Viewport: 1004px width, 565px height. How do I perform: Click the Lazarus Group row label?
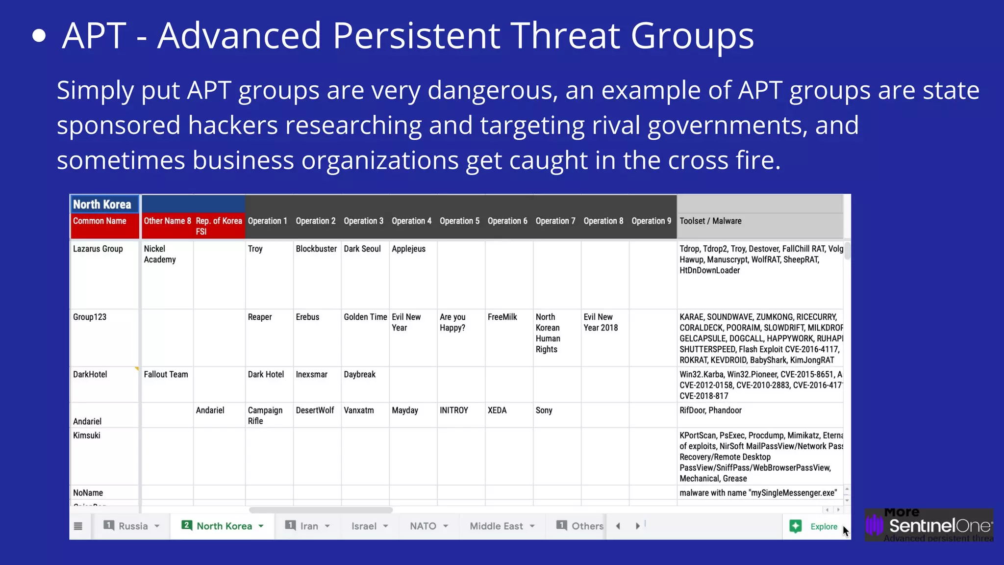click(98, 249)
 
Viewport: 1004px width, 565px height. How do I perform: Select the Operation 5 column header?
click(459, 221)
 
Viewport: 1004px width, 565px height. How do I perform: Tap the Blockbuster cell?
click(316, 249)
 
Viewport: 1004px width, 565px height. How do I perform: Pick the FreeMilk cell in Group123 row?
click(502, 317)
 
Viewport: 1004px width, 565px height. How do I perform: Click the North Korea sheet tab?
click(224, 526)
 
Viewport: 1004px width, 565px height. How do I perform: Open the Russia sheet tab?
click(133, 526)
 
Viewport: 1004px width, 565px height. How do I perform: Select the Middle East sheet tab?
click(496, 526)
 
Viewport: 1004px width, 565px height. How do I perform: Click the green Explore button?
click(814, 527)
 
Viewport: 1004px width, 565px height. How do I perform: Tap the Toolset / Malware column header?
click(710, 221)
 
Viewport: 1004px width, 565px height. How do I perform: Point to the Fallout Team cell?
click(166, 375)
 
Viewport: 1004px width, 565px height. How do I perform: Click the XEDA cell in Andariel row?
click(497, 411)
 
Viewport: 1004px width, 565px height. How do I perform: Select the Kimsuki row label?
click(87, 436)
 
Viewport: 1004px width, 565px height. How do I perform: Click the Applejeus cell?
click(408, 249)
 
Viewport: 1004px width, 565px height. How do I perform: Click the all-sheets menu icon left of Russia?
click(78, 526)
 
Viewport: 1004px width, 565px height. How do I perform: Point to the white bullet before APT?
click(39, 36)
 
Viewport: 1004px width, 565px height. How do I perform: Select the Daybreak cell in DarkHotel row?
click(359, 375)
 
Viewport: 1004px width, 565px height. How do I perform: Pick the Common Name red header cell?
click(100, 221)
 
